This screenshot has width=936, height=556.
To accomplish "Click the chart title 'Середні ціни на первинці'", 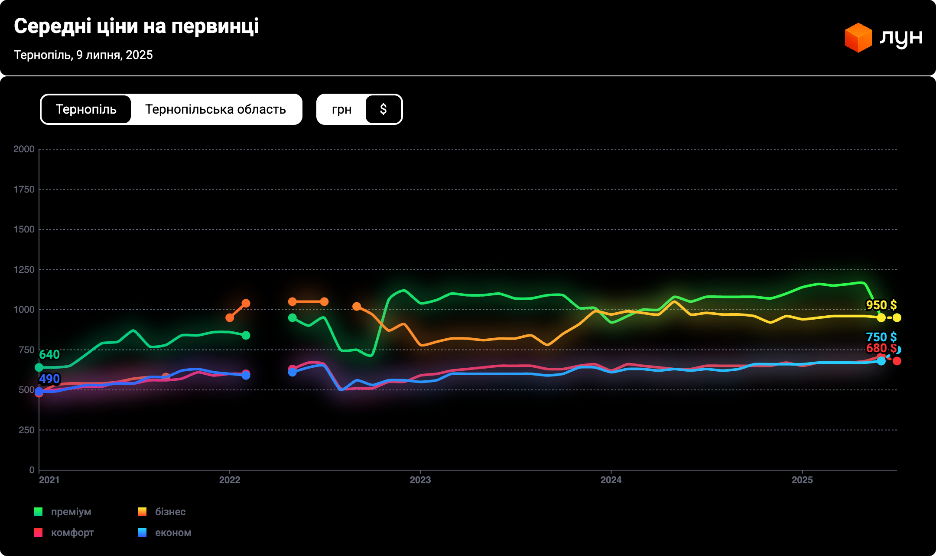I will point(136,26).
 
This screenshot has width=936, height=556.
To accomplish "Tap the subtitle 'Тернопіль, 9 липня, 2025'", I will point(83,55).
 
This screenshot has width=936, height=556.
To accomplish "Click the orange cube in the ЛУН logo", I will point(858,38).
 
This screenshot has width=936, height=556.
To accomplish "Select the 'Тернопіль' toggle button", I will point(86,109).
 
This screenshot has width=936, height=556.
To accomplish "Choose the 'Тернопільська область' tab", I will point(215,109).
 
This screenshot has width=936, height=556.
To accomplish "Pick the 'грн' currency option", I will point(341,109).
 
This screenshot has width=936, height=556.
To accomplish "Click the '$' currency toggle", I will point(383,109).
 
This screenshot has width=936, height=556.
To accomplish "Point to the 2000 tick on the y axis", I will point(24,149).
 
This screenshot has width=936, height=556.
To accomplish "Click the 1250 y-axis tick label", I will point(24,270).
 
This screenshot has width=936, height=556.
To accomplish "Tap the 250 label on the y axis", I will point(26,430).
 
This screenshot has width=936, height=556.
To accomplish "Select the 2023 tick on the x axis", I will point(420,480).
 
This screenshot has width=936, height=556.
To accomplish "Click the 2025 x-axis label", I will point(802,480).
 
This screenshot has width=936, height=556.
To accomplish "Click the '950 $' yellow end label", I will point(881,305).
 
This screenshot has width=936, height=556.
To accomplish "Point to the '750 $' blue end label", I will point(881,337).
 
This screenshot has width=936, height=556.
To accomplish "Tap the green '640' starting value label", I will point(49,355).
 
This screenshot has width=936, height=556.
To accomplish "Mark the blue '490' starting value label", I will point(49,379).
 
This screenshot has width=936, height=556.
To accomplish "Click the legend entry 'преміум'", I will point(71,512).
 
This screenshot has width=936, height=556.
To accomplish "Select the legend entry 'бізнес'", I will point(170,512).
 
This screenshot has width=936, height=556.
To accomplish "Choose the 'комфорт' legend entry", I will point(72,533).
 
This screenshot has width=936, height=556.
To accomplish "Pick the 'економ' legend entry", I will point(173,533).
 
